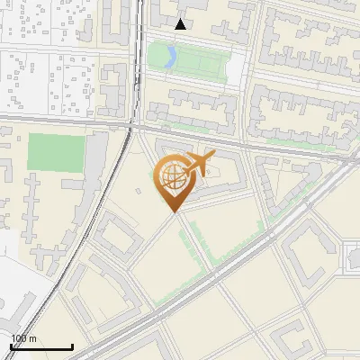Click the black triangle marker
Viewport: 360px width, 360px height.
[x=181, y=24]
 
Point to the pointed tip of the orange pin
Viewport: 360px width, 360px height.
[x=175, y=212]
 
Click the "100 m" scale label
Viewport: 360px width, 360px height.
[x=24, y=338]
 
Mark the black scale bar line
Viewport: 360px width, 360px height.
[x=41, y=346]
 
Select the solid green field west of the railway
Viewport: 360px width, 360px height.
[x=56, y=152]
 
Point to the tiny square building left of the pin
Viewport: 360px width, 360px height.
[x=149, y=190]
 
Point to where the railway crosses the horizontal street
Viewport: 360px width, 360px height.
[x=136, y=118]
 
